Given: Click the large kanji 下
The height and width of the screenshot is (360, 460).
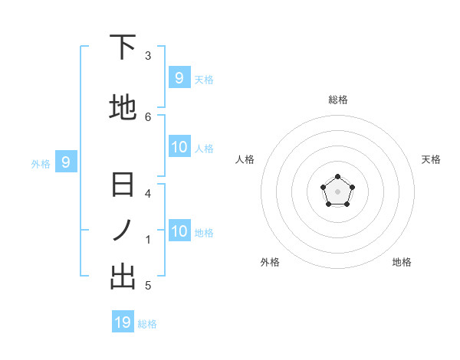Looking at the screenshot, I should point(123,48).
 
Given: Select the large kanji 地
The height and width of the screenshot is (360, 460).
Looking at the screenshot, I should point(123,108).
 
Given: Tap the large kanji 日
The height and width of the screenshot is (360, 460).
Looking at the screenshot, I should point(123,186).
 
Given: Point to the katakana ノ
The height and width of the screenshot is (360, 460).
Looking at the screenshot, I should point(123,231).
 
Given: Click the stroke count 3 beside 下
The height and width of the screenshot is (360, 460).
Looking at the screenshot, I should point(148,55).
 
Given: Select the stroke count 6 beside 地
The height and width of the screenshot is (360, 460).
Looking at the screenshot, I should point(148,116).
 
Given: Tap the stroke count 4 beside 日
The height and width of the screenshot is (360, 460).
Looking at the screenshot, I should point(148,194).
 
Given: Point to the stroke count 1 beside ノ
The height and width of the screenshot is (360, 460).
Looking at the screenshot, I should point(148,240).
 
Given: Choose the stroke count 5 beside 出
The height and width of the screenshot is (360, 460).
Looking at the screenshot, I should point(148,286).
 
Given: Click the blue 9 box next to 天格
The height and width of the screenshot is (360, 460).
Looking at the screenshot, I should point(179,77).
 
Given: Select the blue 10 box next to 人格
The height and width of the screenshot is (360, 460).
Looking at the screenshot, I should point(179,146).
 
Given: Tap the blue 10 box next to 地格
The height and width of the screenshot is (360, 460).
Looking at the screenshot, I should point(179,231).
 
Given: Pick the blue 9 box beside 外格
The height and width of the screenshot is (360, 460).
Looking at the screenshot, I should point(66,162).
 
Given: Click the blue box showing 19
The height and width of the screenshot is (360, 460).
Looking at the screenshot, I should point(123,322).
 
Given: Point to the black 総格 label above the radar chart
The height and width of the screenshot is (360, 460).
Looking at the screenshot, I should point(338,100).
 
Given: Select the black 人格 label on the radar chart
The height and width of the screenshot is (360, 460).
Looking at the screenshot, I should point(245,159).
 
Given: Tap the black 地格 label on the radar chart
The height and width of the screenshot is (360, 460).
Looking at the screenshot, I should point(402,262).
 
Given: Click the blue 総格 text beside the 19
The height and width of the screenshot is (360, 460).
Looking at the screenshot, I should point(147,324).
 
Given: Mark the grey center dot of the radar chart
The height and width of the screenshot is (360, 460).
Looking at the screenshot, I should point(337,192).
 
